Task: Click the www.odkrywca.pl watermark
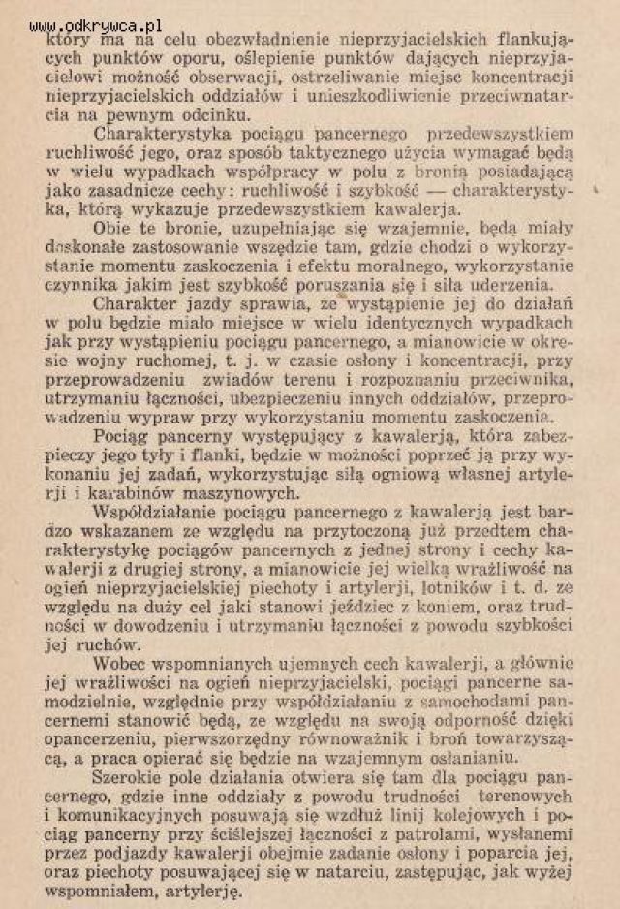96,25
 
